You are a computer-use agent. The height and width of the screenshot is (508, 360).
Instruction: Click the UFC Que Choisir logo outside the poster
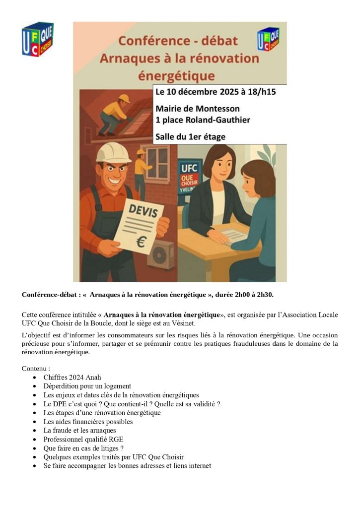tap(37, 39)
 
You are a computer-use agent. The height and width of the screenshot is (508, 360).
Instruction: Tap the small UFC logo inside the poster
tap(268, 39)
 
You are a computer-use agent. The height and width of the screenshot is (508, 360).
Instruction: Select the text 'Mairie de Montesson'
tap(197, 108)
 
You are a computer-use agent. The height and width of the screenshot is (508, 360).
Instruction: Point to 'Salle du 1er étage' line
tap(190, 136)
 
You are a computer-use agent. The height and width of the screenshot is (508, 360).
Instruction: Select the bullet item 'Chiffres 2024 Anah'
tap(72, 377)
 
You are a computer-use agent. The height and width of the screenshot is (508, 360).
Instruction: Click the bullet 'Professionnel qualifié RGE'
tap(83, 439)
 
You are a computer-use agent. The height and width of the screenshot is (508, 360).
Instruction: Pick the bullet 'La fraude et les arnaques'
tap(79, 430)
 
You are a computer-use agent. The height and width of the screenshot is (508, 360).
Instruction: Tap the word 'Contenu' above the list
tap(35, 369)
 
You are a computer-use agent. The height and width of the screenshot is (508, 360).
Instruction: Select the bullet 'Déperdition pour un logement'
tap(87, 386)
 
